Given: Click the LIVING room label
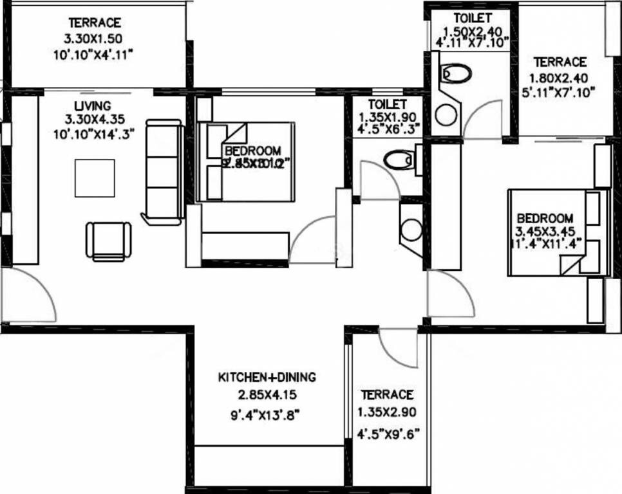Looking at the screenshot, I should coord(92,105).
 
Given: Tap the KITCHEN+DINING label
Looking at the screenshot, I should coord(267,378).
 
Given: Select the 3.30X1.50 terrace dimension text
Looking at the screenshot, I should coord(95,38).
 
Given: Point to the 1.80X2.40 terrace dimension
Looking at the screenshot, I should coord(560,77).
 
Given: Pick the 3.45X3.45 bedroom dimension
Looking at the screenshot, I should coord(544,231).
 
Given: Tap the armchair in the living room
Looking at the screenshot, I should coord(109,241).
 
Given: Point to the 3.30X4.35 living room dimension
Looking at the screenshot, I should coord(94,119).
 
